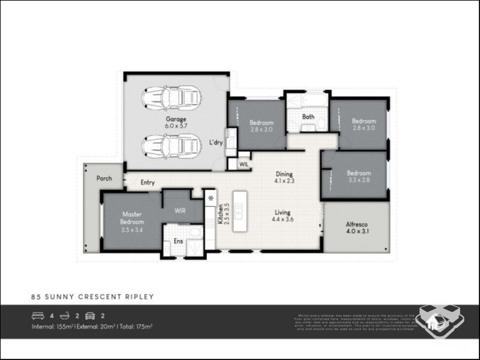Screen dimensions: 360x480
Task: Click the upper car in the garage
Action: coord(171,98)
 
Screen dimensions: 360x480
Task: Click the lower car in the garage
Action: coord(171,145)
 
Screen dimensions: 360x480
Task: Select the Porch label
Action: coord(104,178)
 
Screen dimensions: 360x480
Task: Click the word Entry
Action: coord(148,182)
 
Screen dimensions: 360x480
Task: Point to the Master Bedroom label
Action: coord(132,221)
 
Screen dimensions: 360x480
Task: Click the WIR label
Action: coord(180,211)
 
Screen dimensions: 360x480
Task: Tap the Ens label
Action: coord(178,241)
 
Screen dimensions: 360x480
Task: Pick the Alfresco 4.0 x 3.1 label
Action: coord(357,228)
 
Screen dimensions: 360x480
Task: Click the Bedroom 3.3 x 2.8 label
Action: coord(359,177)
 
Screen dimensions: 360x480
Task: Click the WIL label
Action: coord(244,163)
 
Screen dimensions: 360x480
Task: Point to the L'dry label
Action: coord(216,143)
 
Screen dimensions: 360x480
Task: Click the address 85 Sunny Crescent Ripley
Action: coord(92,296)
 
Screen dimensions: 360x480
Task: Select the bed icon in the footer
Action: coord(37,315)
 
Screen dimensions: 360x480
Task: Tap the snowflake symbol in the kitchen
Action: coord(211,197)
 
